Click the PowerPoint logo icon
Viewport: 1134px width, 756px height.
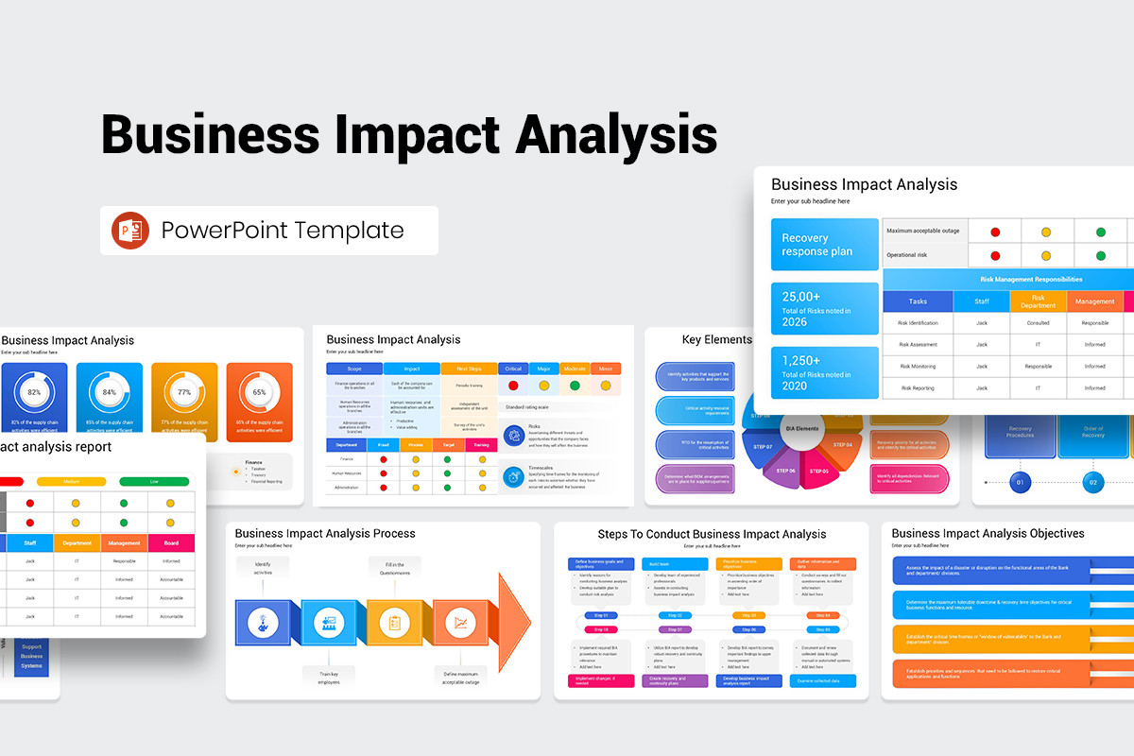pyautogui.click(x=130, y=231)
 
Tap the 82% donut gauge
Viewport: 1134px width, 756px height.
pyautogui.click(x=35, y=392)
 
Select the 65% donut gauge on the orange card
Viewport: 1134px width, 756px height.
pyautogui.click(x=259, y=392)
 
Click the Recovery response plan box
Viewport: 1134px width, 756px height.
pyautogui.click(x=824, y=245)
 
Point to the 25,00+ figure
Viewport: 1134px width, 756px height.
pyautogui.click(x=801, y=297)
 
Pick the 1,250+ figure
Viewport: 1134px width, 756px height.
pyautogui.click(x=801, y=361)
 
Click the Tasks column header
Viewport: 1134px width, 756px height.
pyautogui.click(x=918, y=301)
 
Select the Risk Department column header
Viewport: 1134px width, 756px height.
pyautogui.click(x=1038, y=301)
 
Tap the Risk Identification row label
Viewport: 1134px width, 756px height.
pyautogui.click(x=918, y=323)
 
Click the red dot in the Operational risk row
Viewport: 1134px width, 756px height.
pyautogui.click(x=995, y=255)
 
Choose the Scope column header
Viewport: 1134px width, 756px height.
pyautogui.click(x=354, y=369)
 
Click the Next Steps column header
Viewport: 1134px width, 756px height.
pyautogui.click(x=469, y=369)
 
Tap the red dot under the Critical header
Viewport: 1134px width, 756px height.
pyautogui.click(x=513, y=386)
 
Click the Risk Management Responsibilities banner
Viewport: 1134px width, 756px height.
pyautogui.click(x=1031, y=280)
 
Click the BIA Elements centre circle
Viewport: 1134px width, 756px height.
pyautogui.click(x=802, y=429)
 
